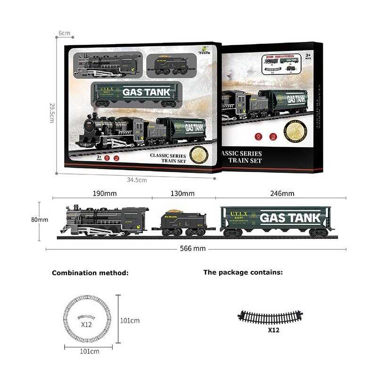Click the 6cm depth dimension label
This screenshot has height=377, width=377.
[x=65, y=33]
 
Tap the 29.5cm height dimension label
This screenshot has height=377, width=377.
[x=52, y=113]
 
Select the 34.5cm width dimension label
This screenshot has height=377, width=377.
[x=137, y=180]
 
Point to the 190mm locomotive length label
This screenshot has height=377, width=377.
[x=105, y=193]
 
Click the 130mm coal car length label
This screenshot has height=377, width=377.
[x=182, y=193]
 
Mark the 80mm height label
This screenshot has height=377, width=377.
[x=40, y=220]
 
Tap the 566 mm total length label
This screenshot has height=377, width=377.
[x=193, y=248]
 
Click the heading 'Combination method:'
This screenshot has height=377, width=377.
[x=90, y=273]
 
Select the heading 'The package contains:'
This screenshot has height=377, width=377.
[x=243, y=272]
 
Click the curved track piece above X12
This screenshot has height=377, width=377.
[x=270, y=317]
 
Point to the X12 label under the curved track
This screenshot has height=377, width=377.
[x=273, y=330]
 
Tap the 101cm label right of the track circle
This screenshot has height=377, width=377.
[x=130, y=320]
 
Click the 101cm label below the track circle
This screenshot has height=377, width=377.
[x=89, y=352]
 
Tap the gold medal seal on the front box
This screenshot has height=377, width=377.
[x=198, y=154]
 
